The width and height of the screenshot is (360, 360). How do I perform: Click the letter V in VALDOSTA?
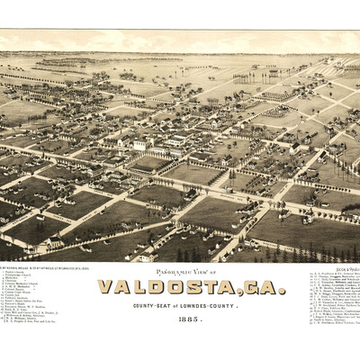click(106, 287)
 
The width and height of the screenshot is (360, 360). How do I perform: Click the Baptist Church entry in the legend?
click(12, 273)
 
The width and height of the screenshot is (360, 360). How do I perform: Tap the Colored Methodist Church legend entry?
click(19, 283)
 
